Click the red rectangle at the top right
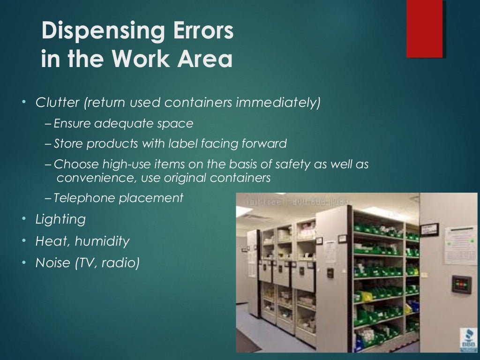pos(425,29)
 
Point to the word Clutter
pos(58,102)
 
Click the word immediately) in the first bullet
pos(278,102)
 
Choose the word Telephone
pos(84,198)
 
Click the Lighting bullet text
pos(60,219)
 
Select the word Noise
pos(52,263)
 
